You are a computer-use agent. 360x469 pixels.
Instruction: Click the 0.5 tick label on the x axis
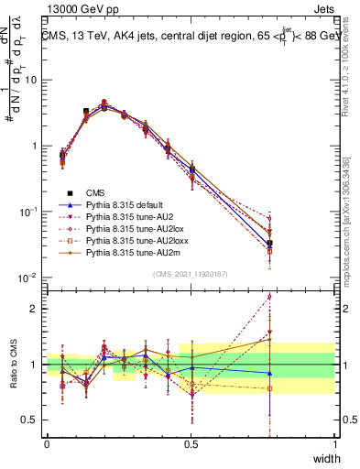[x=191, y=444]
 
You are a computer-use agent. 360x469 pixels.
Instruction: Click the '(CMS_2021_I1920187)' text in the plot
[x=191, y=273]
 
